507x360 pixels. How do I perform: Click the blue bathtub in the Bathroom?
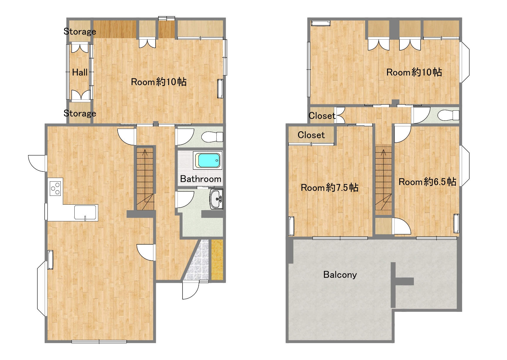(208, 160)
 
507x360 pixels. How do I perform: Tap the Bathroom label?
(201, 179)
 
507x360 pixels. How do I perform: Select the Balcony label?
(340, 275)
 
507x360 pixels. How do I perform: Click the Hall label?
(80, 72)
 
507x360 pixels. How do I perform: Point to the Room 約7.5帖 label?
(329, 187)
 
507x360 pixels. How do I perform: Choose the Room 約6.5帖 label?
(427, 182)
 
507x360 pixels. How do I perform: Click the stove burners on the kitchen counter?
(56, 189)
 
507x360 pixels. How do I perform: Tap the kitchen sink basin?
(86, 213)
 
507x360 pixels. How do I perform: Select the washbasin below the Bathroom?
(216, 199)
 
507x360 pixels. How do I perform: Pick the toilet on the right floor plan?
(448, 115)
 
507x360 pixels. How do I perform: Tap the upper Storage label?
(80, 31)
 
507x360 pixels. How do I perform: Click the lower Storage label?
(80, 113)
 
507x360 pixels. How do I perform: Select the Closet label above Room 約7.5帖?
(311, 135)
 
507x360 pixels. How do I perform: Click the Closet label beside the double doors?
(322, 116)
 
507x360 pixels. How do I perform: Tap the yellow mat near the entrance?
(217, 260)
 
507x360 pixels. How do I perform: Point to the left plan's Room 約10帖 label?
(159, 82)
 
